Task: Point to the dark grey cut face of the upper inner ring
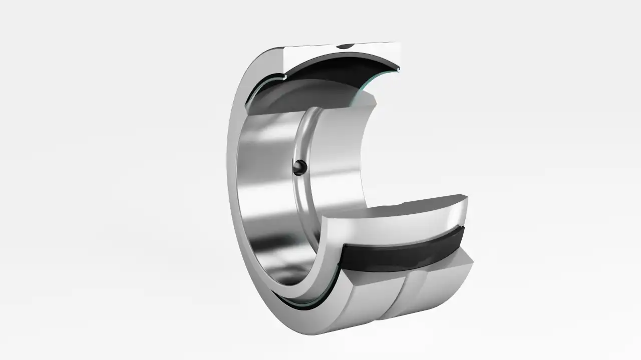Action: click(x=310, y=98)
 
